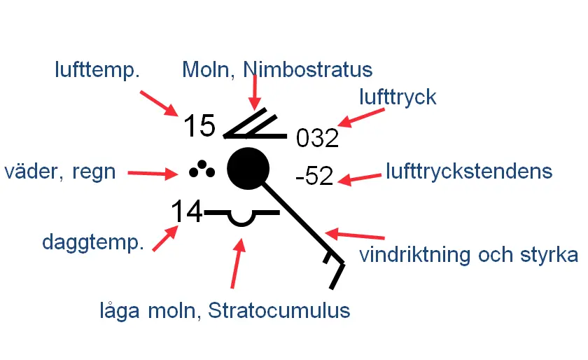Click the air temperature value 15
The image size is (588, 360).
point(199,126)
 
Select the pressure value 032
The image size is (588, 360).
point(317,138)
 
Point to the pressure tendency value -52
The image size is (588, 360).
point(315,176)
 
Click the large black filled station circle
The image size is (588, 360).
point(248,169)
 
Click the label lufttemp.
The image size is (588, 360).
point(97,69)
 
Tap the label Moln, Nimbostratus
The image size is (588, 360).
point(276,69)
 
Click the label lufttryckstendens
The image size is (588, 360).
point(469,171)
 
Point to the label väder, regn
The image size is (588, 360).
point(59,171)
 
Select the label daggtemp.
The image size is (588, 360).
point(93,242)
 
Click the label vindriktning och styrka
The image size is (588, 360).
point(468,254)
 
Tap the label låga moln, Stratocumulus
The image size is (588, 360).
point(224,310)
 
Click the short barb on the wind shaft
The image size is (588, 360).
point(328,258)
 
